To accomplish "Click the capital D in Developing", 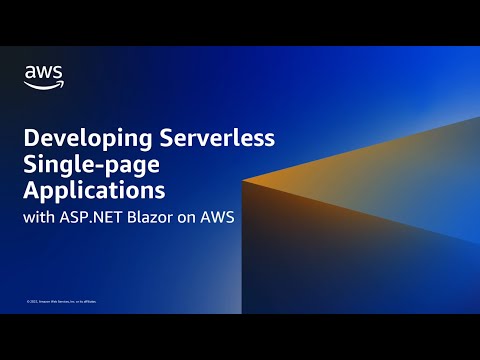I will pyautogui.click(x=31, y=138).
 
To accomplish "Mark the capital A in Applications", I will pyautogui.click(x=31, y=190).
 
